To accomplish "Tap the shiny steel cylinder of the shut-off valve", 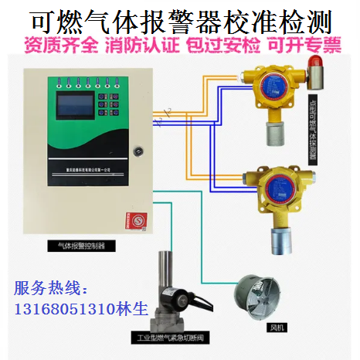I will pos(165,271).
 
